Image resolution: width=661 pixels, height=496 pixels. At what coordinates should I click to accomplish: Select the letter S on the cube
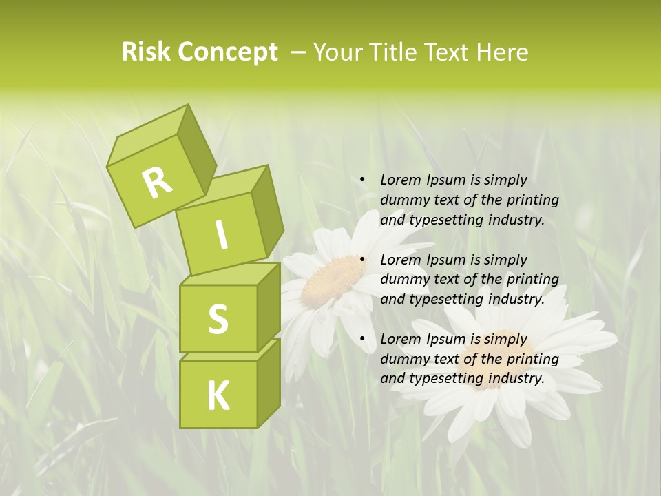coord(218,319)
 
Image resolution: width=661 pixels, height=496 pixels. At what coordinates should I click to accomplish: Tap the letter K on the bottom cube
coord(218,395)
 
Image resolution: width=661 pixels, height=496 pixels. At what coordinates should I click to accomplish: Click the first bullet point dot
coord(362,180)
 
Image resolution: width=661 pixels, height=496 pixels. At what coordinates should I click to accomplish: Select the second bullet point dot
coord(362,260)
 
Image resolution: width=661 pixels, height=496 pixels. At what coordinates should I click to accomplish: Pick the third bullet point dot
coord(362,339)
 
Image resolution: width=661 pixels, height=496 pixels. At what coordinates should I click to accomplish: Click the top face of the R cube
coord(148,135)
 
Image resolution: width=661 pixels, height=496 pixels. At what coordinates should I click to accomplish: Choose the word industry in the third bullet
coord(514,378)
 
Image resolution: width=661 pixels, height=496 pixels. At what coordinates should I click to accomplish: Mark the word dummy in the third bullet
coord(402,359)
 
